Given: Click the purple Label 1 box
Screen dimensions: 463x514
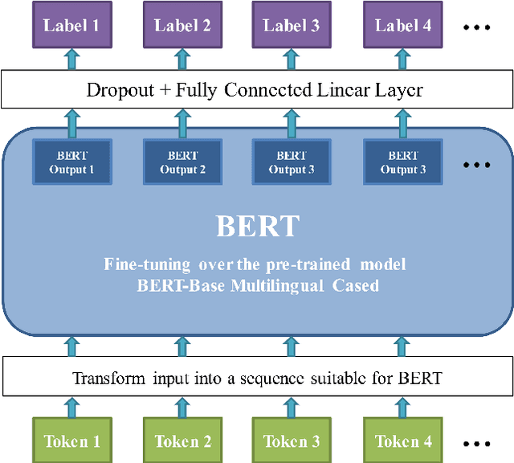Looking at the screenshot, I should coord(71,25).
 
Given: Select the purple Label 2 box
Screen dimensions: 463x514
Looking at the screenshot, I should coord(182,25).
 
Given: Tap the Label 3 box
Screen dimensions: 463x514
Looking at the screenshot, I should coord(292,25).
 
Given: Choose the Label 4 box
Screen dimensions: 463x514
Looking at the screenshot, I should coord(402,25).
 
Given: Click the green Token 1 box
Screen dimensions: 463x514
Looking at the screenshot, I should coord(71,440).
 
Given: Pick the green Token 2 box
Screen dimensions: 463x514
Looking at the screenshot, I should coord(182,440).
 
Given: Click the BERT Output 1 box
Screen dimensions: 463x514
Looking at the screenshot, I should coord(71,162).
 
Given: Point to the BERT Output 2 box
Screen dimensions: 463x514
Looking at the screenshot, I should coord(182,162).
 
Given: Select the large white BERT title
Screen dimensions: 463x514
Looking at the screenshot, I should coord(257,227).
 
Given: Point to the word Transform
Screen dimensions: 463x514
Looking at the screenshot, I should coord(106,378).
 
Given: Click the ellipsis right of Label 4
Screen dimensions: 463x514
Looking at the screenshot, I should coord(476,27).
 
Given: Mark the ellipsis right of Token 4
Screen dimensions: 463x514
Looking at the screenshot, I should coord(476,442).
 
